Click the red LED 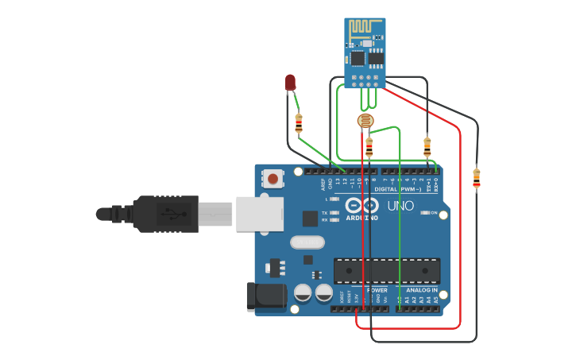(290, 82)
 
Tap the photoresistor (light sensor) (365, 121)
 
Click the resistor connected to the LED (299, 123)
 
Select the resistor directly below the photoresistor (369, 147)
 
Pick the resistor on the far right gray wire (476, 177)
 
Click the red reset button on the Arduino (273, 179)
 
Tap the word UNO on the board (400, 206)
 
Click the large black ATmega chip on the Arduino (386, 270)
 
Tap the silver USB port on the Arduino (259, 214)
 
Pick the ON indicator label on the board (434, 213)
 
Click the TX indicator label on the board (324, 213)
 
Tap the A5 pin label (435, 300)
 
